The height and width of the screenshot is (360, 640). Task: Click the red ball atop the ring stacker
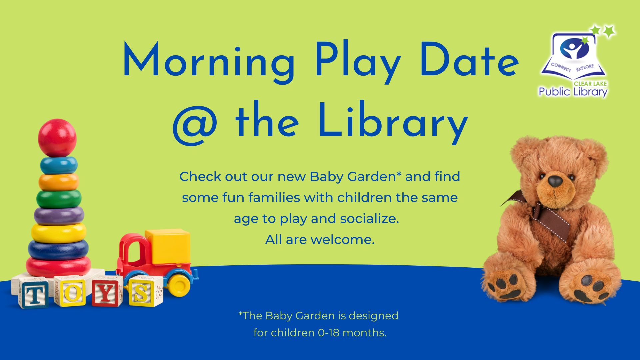(57, 138)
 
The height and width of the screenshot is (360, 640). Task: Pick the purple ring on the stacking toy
(59, 216)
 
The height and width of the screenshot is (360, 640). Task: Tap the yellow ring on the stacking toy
(59, 233)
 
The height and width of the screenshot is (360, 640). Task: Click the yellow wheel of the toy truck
(179, 284)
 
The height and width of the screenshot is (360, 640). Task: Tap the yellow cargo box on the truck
(168, 246)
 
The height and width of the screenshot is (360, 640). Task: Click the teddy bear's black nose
(555, 181)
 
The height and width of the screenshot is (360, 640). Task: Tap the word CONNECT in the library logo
(561, 67)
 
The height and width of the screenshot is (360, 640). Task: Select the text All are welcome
(320, 239)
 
